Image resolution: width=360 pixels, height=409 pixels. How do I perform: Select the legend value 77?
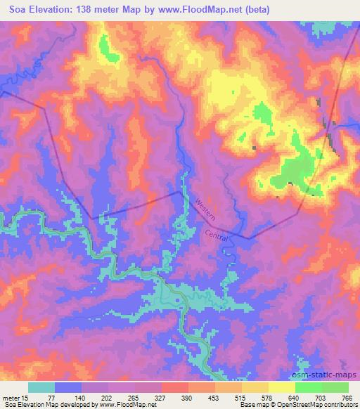[x=56, y=397]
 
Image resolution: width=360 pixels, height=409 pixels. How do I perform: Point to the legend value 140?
[x=82, y=397]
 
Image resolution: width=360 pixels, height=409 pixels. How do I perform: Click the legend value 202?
[x=109, y=397]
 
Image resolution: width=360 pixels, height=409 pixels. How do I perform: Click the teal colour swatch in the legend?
[x=41, y=387]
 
